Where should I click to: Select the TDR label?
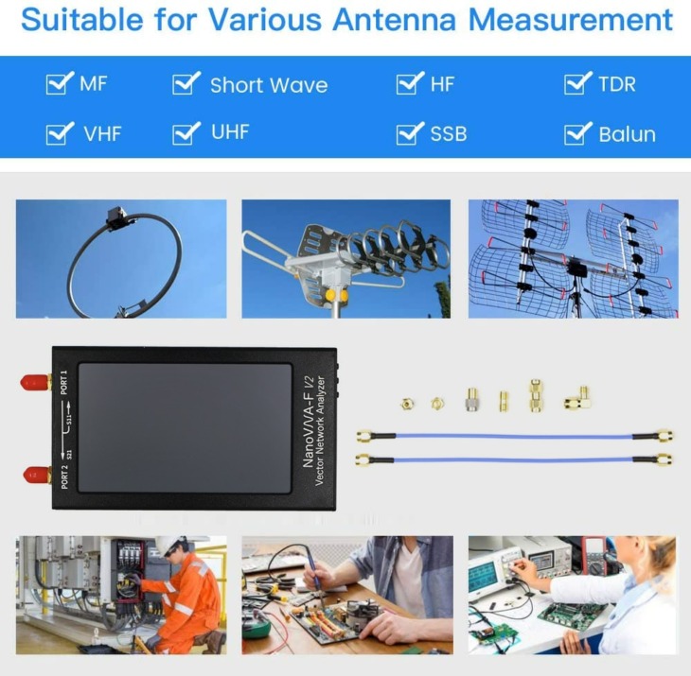click(616, 84)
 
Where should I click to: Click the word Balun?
click(627, 134)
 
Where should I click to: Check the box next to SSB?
click(409, 133)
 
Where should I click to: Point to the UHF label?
click(230, 132)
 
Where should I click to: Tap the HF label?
click(442, 84)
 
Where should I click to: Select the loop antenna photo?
click(121, 258)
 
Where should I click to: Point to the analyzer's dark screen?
click(185, 426)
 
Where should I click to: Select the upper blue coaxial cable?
click(514, 436)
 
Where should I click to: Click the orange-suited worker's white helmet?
click(168, 546)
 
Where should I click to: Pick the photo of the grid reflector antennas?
click(573, 258)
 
